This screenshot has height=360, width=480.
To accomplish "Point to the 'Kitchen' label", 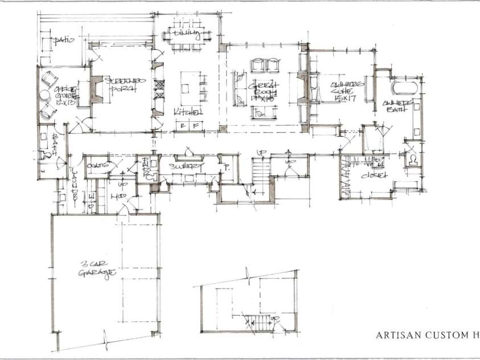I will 187,111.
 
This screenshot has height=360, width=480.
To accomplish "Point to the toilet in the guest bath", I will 44,155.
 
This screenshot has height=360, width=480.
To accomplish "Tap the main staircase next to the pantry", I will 260,171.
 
